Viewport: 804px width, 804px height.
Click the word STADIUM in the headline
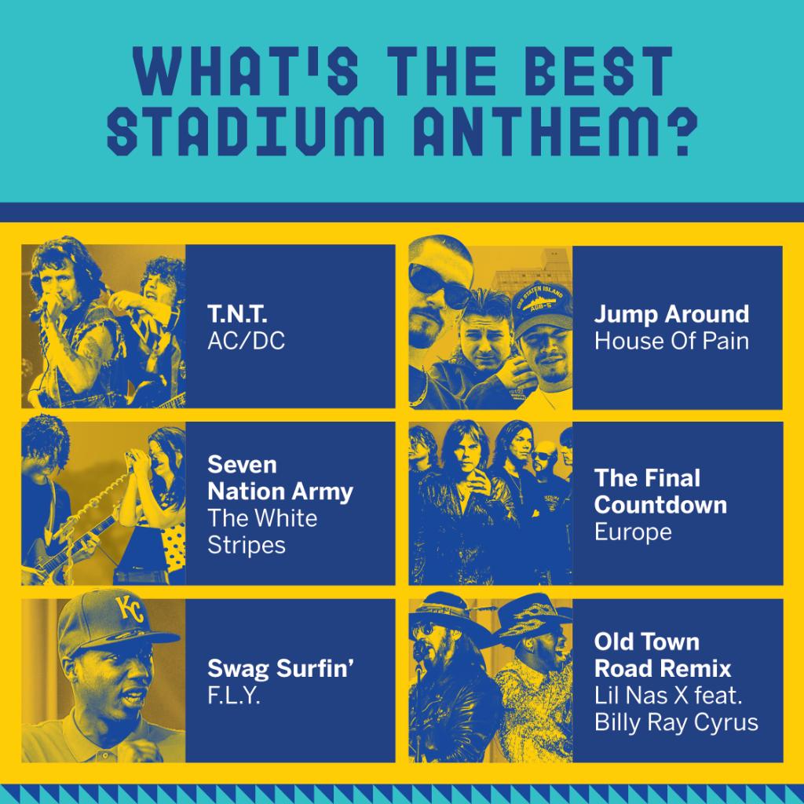pos(245,131)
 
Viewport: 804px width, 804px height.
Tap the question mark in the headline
pos(676,131)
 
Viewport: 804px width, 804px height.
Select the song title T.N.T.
pos(237,314)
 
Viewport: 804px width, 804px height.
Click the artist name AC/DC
pos(246,341)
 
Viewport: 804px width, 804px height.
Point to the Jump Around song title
pos(671,314)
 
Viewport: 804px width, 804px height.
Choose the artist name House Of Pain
pos(671,341)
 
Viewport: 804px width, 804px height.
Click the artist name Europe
pos(633,532)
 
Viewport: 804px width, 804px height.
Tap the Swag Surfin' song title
pos(280,669)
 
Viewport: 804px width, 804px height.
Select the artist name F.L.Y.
pos(234,696)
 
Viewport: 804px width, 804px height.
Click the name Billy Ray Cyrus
pos(676,722)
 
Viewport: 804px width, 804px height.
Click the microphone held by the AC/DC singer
pos(38,310)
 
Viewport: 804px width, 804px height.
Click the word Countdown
pos(660,505)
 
